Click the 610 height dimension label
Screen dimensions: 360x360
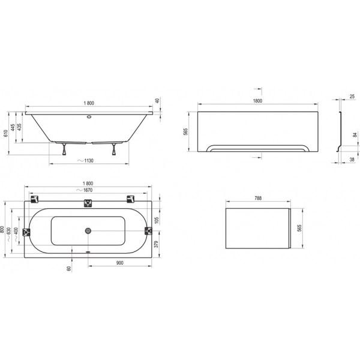[6, 133]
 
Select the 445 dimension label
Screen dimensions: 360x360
[13, 127]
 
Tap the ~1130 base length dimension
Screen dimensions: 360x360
[85, 160]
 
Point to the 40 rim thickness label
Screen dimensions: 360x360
[157, 100]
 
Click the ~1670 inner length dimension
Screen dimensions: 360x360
[85, 190]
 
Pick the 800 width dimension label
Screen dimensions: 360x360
[2, 229]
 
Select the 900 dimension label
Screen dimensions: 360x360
[119, 263]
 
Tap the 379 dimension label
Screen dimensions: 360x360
[157, 244]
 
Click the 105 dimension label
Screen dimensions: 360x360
[157, 220]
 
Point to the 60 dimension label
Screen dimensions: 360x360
[69, 268]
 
